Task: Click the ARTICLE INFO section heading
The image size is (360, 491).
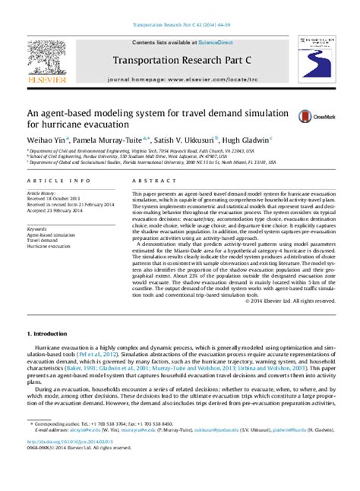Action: click(52, 181)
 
